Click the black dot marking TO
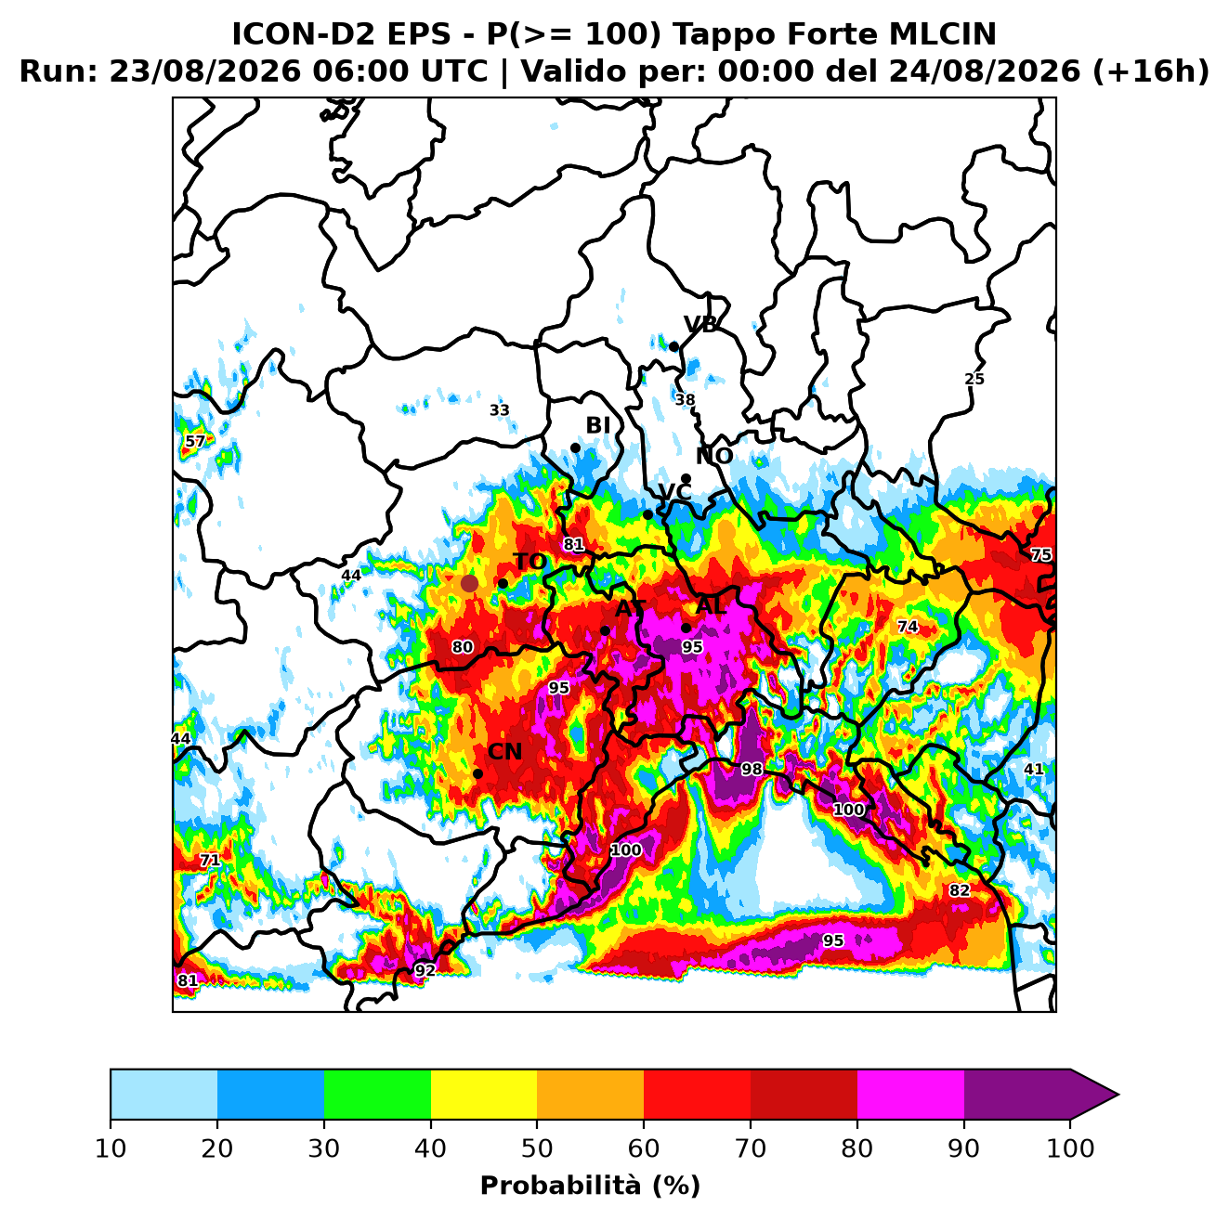[503, 583]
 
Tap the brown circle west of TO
[469, 583]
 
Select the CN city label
[504, 752]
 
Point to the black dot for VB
[673, 347]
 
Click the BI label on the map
[597, 425]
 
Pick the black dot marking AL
[686, 628]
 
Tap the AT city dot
[605, 630]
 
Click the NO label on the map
[713, 456]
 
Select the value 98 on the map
[752, 770]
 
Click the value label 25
[974, 380]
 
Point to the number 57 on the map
[195, 441]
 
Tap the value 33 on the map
[500, 410]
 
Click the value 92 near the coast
[425, 970]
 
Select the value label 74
[908, 627]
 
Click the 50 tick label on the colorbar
[537, 1148]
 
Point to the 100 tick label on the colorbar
[1070, 1148]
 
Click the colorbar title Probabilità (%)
[590, 1187]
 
